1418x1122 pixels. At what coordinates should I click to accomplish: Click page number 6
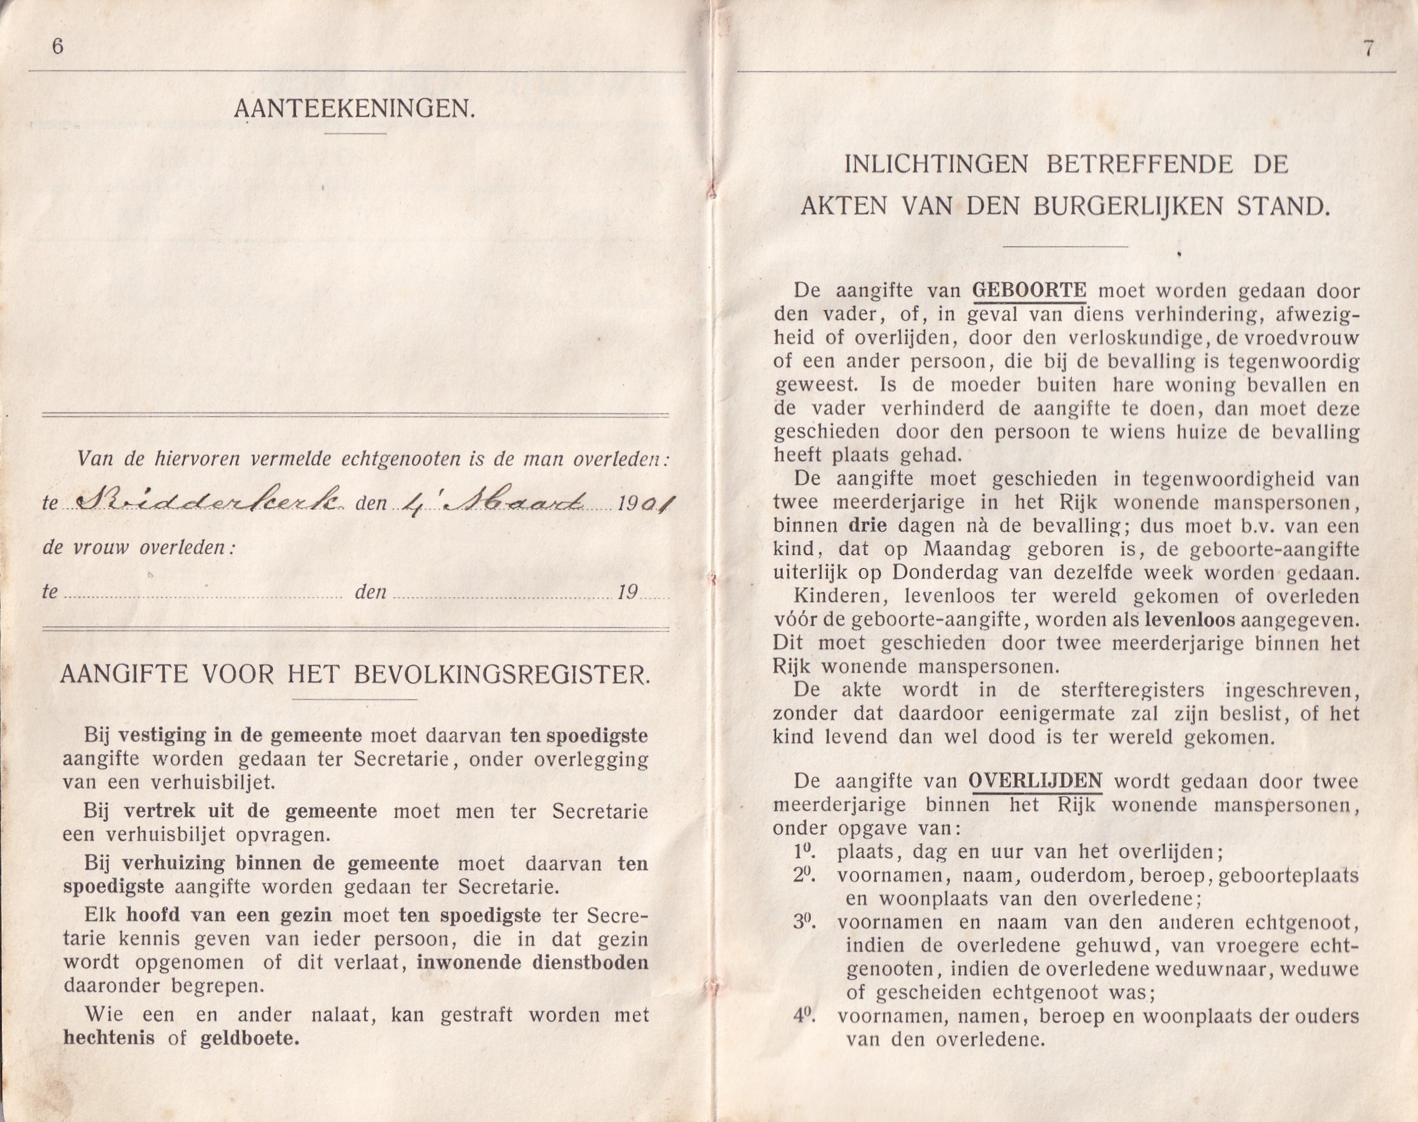(x=57, y=48)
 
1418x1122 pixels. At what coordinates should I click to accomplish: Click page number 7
(x=1369, y=49)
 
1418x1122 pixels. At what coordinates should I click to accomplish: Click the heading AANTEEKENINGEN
(x=355, y=109)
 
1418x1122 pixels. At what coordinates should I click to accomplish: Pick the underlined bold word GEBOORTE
(x=1029, y=290)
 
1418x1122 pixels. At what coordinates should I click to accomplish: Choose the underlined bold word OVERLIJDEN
(x=1035, y=781)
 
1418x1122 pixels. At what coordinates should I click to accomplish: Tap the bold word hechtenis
(x=109, y=1038)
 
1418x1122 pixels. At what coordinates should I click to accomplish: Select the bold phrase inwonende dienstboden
(x=532, y=963)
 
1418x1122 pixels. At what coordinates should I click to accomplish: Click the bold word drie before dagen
(x=868, y=525)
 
